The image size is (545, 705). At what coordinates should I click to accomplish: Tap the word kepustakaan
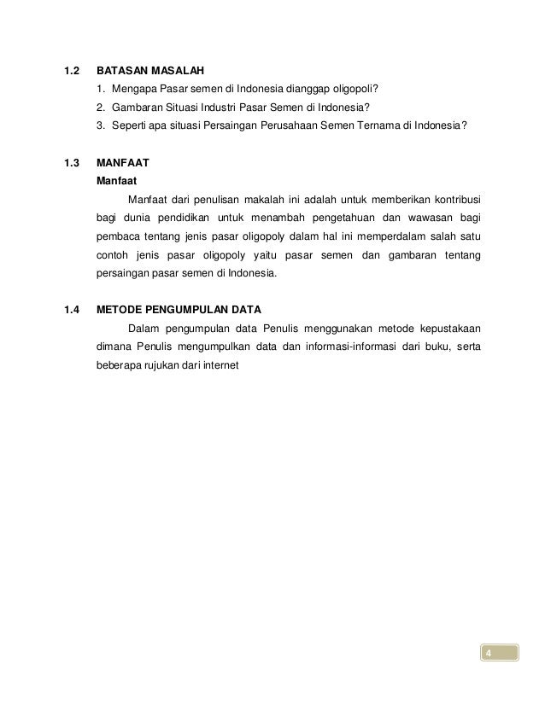[443, 329]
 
